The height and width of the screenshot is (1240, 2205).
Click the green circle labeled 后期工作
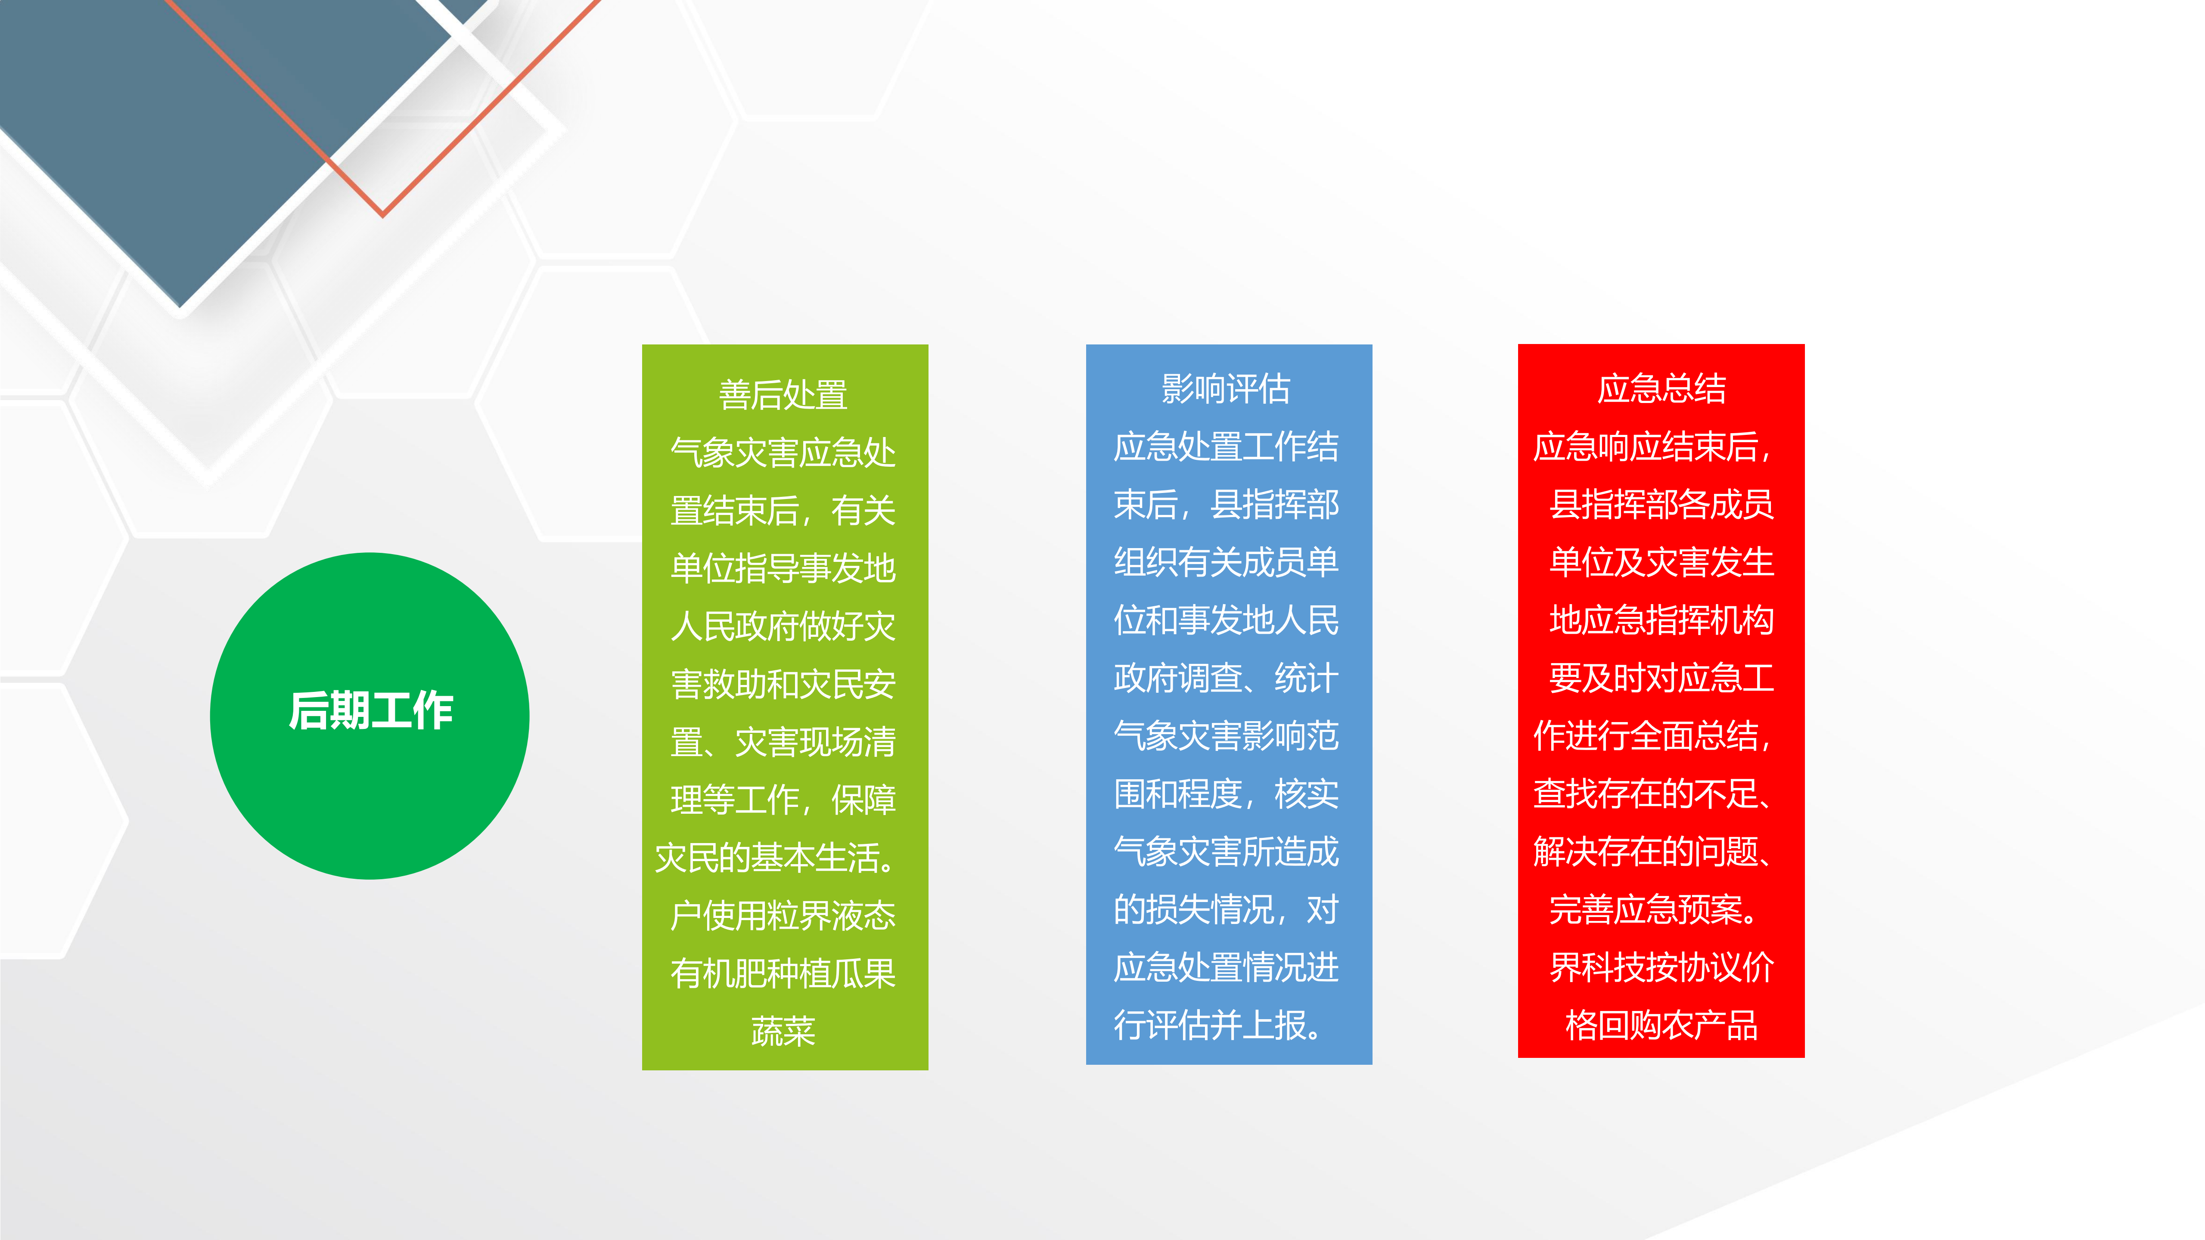[370, 716]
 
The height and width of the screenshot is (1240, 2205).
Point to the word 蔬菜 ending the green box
[783, 1031]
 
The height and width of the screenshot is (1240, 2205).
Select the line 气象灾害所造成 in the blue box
[1226, 852]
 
